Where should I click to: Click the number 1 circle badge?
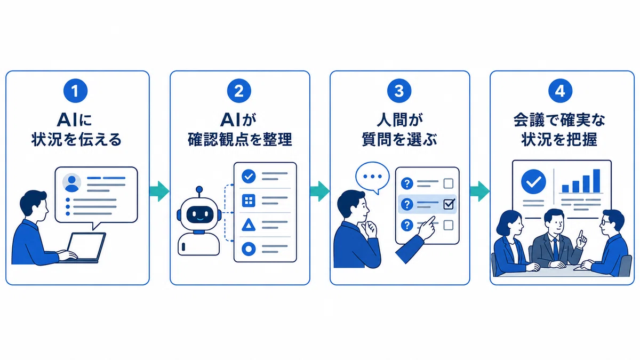(x=75, y=91)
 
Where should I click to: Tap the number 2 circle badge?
(x=239, y=91)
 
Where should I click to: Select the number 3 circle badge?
(x=399, y=91)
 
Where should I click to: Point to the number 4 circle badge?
(x=560, y=91)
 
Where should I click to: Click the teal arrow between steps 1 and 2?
(x=159, y=191)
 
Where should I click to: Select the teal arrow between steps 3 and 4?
(x=479, y=191)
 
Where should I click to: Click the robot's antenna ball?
(x=199, y=189)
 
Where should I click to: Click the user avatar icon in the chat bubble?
(x=71, y=182)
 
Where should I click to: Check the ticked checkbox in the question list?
(x=449, y=204)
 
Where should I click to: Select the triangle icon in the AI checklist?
(x=249, y=225)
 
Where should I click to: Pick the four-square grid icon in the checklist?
(x=249, y=201)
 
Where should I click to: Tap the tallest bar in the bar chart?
(x=597, y=181)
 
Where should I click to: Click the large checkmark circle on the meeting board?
(x=533, y=182)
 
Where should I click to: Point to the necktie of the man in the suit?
(x=555, y=249)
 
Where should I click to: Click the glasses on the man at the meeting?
(x=605, y=222)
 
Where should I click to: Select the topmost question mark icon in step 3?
(x=407, y=183)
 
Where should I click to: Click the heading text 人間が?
(x=399, y=120)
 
